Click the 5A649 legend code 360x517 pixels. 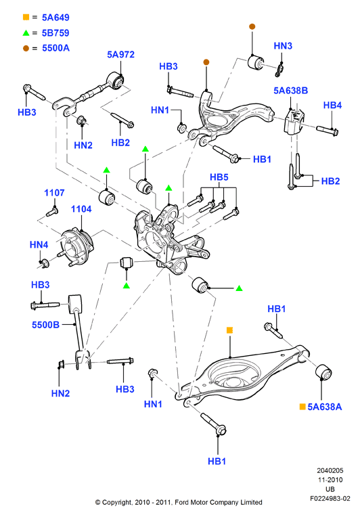pyautogui.click(x=55, y=18)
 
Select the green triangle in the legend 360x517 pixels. pyautogui.click(x=26, y=32)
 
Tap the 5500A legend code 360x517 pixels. pyautogui.click(x=55, y=48)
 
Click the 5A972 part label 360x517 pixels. pyautogui.click(x=120, y=54)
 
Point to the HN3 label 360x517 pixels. pyautogui.click(x=283, y=46)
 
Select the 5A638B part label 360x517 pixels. pyautogui.click(x=290, y=91)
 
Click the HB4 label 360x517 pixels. pyautogui.click(x=332, y=105)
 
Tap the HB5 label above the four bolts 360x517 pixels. pyautogui.click(x=219, y=177)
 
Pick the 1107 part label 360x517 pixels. pyautogui.click(x=54, y=193)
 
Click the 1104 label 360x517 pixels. pyautogui.click(x=81, y=209)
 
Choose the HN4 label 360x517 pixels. pyautogui.click(x=39, y=245)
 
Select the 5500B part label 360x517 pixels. pyautogui.click(x=45, y=325)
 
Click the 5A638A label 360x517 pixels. pyautogui.click(x=324, y=407)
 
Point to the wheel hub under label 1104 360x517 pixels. pyautogui.click(x=76, y=246)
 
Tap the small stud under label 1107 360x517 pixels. pyautogui.click(x=52, y=211)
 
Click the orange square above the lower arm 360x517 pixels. pyautogui.click(x=230, y=330)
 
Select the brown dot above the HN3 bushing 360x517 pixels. pyautogui.click(x=252, y=26)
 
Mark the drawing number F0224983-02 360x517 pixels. pyautogui.click(x=330, y=499)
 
